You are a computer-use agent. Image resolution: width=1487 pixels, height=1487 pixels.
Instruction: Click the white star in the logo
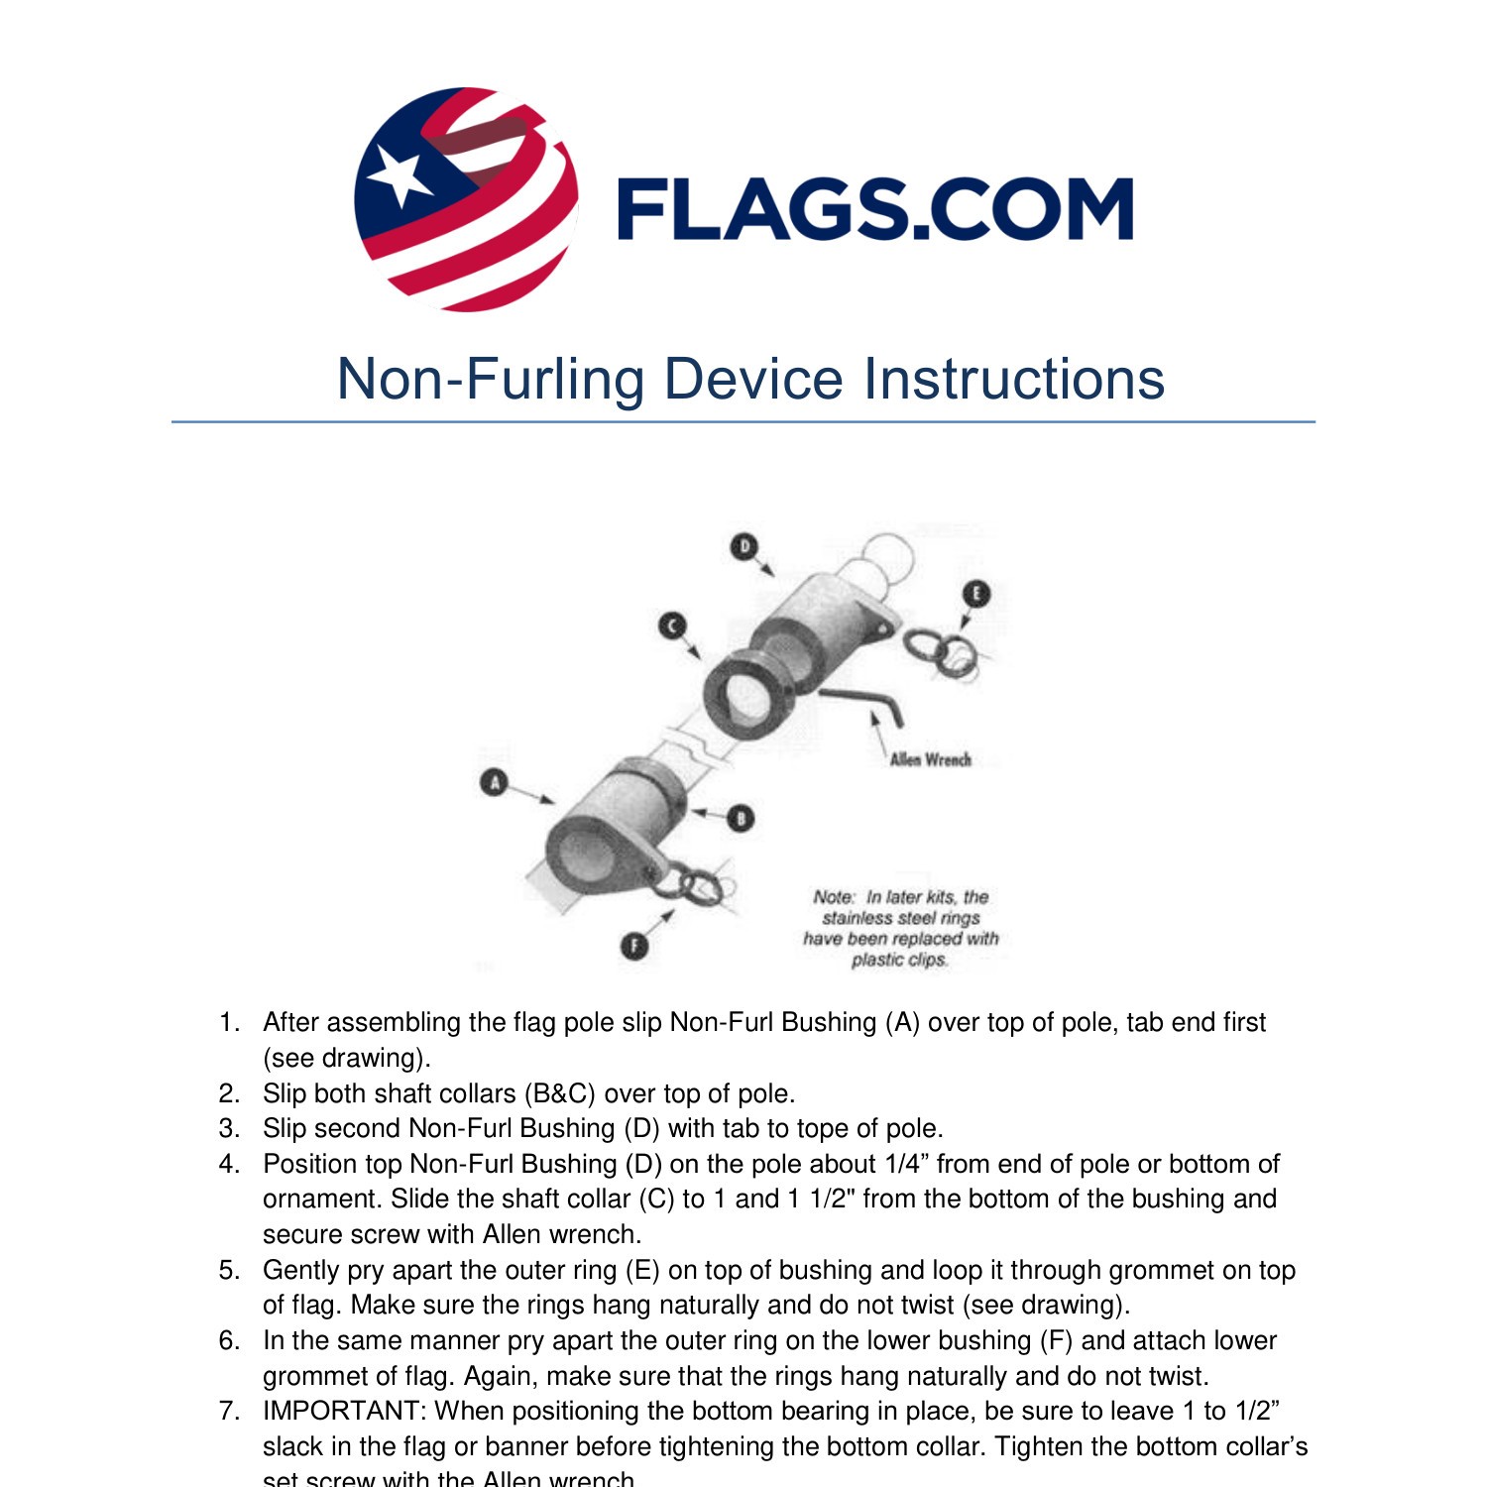tap(399, 177)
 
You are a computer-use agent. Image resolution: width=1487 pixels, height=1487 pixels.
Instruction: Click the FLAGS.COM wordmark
tap(874, 209)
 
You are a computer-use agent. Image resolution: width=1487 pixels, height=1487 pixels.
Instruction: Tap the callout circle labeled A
tap(494, 782)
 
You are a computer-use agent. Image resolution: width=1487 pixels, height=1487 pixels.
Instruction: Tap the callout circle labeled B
tap(741, 818)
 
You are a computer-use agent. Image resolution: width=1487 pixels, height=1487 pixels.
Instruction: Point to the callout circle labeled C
tap(672, 627)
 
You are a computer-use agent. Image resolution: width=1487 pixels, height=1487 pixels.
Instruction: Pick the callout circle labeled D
tap(743, 546)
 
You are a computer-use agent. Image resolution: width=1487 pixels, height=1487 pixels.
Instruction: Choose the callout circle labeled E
tap(976, 594)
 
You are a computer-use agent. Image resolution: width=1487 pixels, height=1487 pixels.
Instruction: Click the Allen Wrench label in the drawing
tap(930, 760)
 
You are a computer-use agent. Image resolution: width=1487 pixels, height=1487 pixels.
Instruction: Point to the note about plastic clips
tap(900, 928)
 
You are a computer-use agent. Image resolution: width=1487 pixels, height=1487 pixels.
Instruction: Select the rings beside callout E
tap(942, 652)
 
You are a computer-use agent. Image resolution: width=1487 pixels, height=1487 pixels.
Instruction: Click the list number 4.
tap(229, 1164)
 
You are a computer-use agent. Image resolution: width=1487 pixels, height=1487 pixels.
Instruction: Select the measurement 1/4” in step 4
tap(906, 1164)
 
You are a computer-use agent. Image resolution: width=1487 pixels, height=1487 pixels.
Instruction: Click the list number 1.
tap(229, 1022)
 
